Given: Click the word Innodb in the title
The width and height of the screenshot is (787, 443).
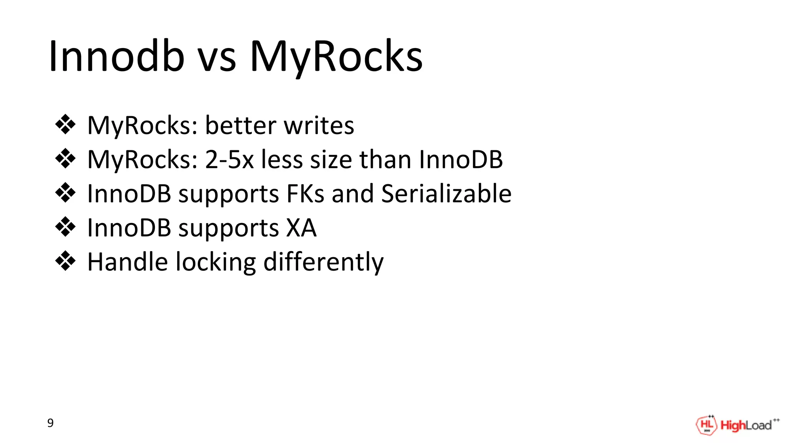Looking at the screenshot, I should (x=116, y=57).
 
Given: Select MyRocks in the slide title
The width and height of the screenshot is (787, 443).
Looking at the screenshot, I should (x=336, y=57).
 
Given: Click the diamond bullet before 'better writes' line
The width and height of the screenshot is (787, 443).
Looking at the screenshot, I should (x=65, y=125).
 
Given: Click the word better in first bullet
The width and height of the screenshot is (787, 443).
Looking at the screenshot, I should (x=241, y=125).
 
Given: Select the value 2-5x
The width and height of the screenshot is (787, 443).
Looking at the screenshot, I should (x=229, y=159).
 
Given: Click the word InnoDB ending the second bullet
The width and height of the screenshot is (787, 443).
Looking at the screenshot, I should (x=461, y=159).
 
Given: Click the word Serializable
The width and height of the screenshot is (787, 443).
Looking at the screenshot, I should (x=446, y=193).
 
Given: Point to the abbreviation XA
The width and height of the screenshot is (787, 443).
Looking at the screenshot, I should (x=301, y=228).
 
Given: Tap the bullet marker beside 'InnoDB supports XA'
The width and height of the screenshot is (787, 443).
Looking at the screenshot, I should (x=65, y=227).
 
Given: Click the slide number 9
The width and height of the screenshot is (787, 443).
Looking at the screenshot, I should (x=50, y=423).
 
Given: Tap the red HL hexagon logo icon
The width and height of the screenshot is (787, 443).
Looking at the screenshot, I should (x=706, y=425).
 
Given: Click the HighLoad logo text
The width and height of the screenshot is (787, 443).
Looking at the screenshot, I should (x=746, y=425).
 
